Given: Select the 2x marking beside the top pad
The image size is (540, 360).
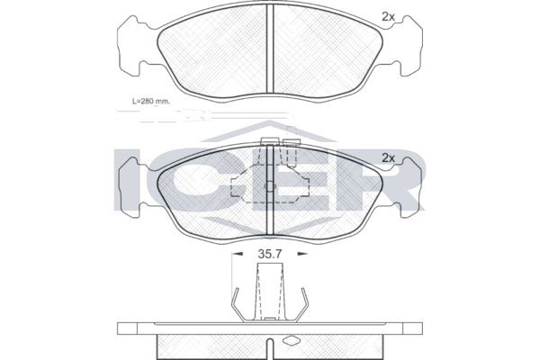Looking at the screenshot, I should click(x=389, y=17).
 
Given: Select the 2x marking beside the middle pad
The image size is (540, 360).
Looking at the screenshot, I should click(x=389, y=158).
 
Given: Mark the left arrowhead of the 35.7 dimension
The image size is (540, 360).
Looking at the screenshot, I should click(x=236, y=254).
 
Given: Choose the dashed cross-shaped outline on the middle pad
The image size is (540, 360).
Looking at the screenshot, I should click(x=270, y=185).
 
